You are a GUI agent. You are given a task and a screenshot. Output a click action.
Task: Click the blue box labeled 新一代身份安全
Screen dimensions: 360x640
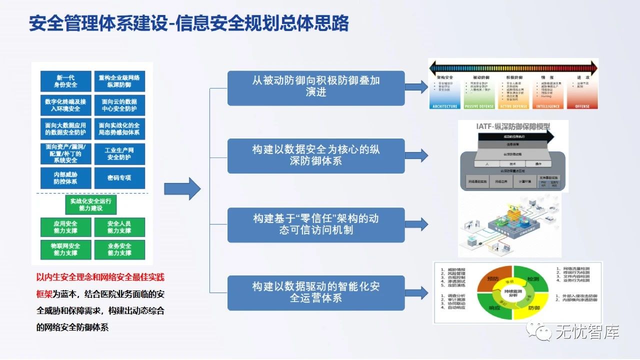66,81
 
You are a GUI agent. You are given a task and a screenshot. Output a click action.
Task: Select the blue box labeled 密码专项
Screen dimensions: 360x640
119,178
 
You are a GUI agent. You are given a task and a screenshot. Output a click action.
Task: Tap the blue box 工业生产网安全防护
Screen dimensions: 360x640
119,153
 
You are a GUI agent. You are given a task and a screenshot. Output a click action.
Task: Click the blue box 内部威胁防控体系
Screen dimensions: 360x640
66,178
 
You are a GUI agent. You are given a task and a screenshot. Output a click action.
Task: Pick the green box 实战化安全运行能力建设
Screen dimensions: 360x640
91,204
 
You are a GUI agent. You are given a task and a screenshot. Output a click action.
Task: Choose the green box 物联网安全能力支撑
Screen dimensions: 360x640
66,249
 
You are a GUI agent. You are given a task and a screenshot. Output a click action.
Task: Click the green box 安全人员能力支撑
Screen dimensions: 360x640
119,227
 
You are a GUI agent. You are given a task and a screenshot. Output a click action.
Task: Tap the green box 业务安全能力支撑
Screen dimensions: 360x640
119,249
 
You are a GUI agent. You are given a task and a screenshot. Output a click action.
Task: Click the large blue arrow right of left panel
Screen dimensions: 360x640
182,188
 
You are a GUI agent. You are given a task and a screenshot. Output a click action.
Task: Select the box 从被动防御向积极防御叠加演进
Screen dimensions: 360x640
316,88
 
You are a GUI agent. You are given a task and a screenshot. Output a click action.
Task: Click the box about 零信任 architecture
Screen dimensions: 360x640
316,224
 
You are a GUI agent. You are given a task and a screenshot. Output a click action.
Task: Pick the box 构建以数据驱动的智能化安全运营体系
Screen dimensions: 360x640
316,292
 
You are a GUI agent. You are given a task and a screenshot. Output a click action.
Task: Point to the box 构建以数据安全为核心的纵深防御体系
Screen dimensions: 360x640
316,156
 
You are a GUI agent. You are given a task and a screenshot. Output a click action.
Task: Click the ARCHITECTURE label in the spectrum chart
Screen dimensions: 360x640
444,106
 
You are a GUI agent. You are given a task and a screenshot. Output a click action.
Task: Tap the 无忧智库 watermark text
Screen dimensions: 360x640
587,331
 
